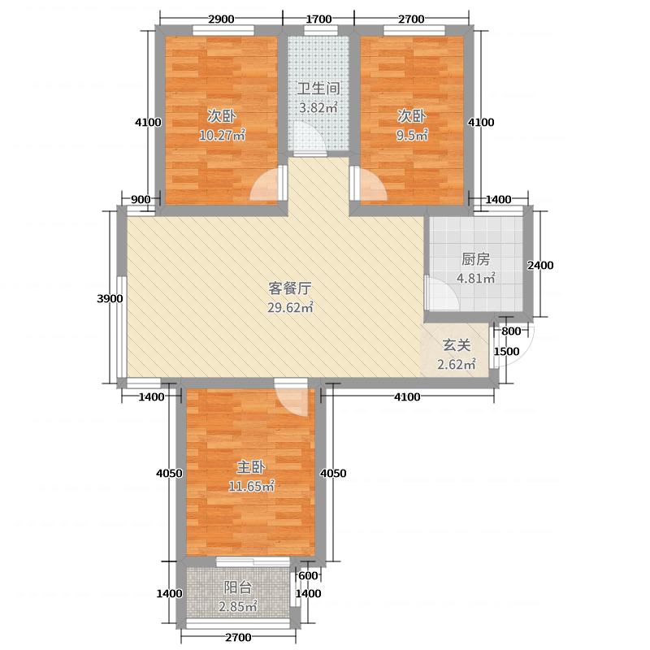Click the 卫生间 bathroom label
click(x=318, y=89)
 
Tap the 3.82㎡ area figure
click(x=318, y=108)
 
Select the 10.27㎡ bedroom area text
click(x=222, y=135)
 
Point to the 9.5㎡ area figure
click(x=412, y=135)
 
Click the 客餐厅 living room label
click(x=290, y=288)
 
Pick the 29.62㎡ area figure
click(x=290, y=307)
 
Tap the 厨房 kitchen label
click(x=475, y=259)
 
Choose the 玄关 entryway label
click(x=457, y=345)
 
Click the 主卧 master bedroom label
click(x=251, y=467)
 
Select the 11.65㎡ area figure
click(x=251, y=486)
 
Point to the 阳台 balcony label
click(x=238, y=587)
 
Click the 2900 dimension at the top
click(x=221, y=19)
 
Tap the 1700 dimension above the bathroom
click(x=318, y=19)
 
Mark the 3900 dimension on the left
click(x=110, y=298)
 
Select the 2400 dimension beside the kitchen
click(x=540, y=266)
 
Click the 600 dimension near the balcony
click(x=308, y=575)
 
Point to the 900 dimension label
click(x=141, y=199)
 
